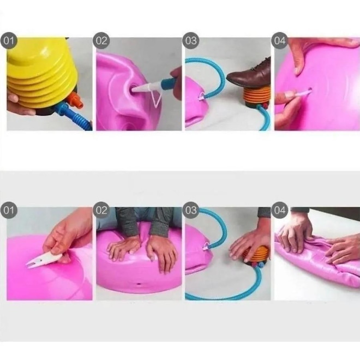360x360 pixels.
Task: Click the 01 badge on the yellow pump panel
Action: point(9,41)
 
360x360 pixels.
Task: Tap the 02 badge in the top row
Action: point(101,41)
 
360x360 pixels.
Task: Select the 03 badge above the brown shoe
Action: point(191,41)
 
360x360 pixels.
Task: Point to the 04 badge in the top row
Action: point(280,41)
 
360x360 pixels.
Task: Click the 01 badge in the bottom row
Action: point(9,210)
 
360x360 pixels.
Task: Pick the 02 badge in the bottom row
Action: point(101,210)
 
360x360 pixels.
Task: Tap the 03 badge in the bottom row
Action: point(191,210)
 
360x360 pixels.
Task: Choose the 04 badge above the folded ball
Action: point(280,210)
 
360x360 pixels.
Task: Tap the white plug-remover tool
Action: point(44,261)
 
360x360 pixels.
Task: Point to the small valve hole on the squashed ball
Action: point(139,284)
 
